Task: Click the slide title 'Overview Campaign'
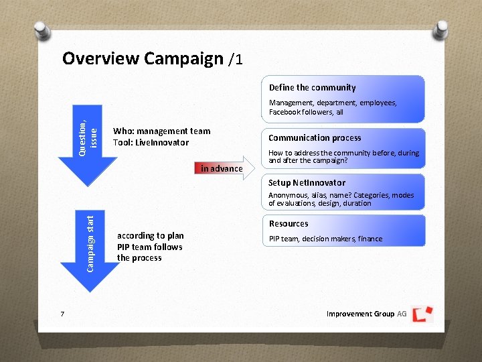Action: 142,58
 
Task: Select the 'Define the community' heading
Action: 312,88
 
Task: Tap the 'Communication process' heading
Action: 315,138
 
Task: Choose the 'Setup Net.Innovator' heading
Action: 307,182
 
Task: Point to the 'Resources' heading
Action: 289,224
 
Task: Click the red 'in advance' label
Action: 222,168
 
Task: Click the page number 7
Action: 62,314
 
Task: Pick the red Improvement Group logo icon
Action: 422,314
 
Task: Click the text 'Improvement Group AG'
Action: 366,314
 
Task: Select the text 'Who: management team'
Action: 161,131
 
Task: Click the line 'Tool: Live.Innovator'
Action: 151,143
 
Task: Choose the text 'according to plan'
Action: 150,236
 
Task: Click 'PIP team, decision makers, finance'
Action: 325,239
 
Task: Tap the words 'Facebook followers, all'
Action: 306,112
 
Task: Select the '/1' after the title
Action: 235,60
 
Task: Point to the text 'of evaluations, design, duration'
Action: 319,203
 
